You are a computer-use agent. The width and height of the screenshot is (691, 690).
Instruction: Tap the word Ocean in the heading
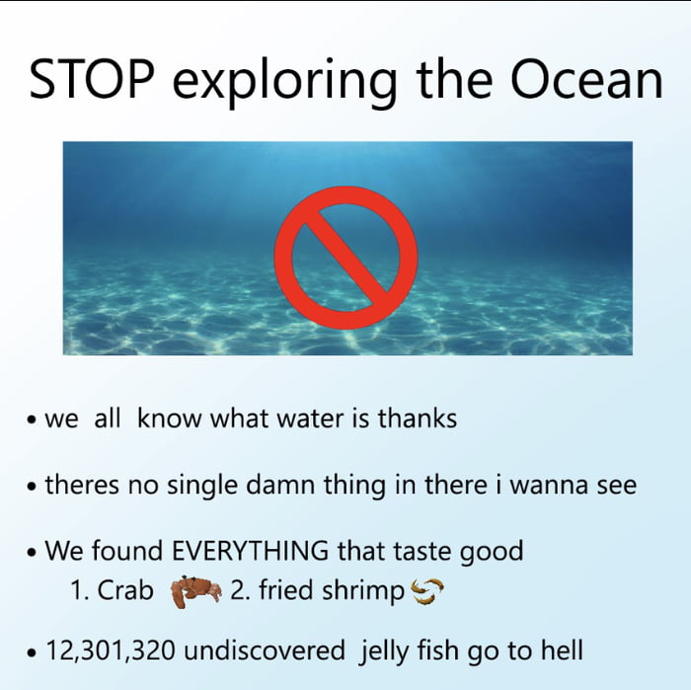590,80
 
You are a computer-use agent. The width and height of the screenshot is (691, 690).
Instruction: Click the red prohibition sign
345,247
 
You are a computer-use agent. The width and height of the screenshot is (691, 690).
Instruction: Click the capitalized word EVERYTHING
252,551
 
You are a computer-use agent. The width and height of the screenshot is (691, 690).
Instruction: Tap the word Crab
126,591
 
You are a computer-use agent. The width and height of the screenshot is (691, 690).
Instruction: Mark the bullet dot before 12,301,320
35,653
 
